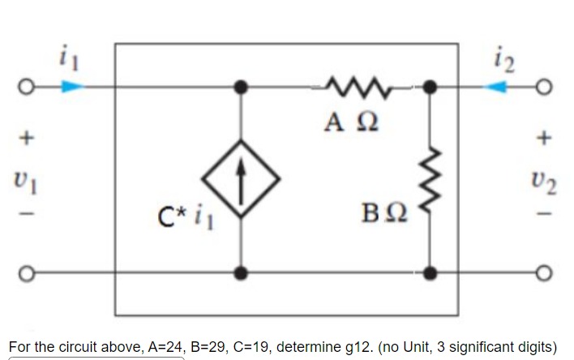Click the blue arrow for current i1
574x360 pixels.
pyautogui.click(x=72, y=85)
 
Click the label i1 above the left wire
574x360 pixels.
pyautogui.click(x=67, y=58)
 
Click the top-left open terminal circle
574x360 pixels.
pyautogui.click(x=26, y=85)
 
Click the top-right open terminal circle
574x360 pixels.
pyautogui.click(x=546, y=85)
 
